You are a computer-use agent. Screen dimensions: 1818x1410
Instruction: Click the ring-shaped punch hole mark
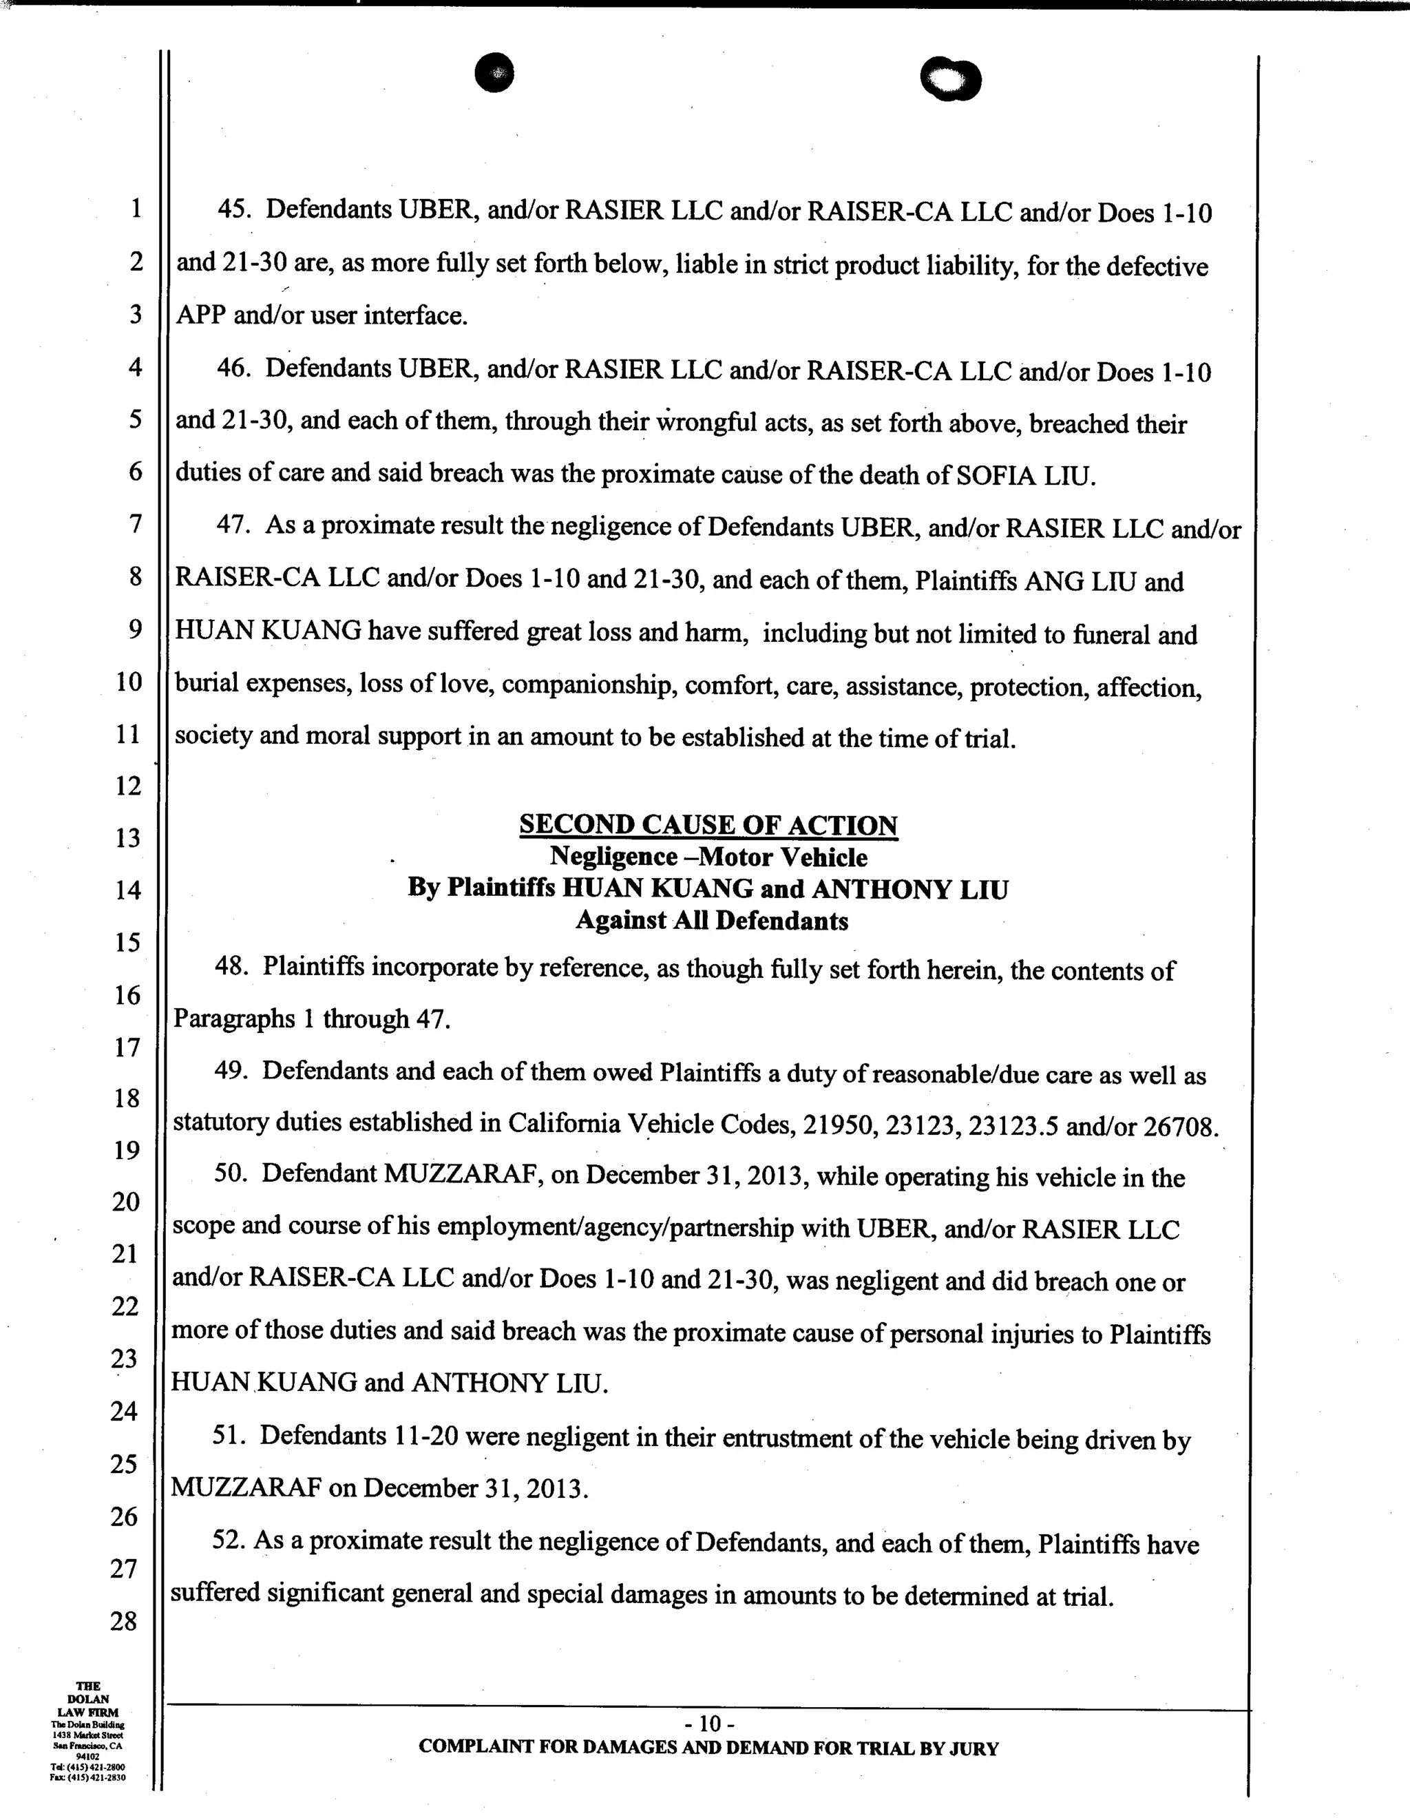point(951,80)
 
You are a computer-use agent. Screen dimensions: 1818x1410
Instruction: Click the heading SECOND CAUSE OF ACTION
point(708,824)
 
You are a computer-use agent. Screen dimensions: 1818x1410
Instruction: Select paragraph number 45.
point(234,209)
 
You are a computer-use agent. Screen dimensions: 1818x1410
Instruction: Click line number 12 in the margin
point(128,785)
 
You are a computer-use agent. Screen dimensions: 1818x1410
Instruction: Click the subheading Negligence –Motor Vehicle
point(708,857)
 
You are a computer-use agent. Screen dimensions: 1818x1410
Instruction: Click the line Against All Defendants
point(712,921)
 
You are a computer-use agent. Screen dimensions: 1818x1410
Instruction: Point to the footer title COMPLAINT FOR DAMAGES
point(708,1748)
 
